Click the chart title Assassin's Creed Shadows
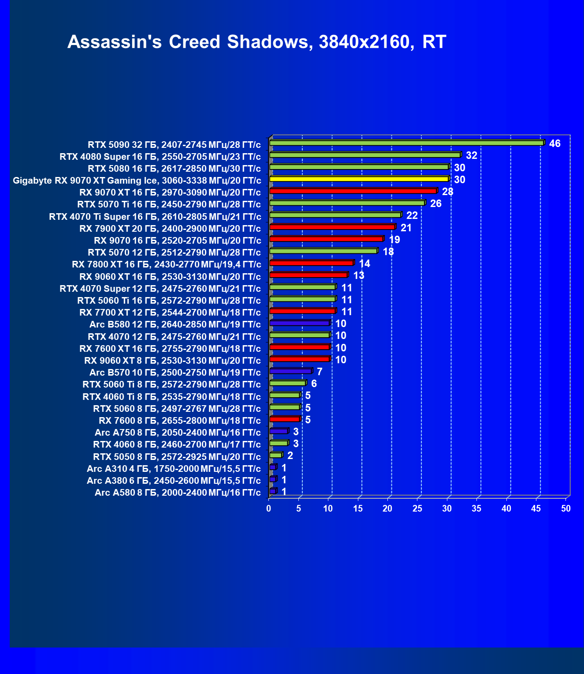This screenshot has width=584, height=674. tap(257, 42)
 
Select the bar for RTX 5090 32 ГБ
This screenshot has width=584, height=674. tap(406, 143)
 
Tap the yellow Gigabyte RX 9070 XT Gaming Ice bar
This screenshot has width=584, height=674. tap(359, 179)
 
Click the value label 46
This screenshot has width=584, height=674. tap(554, 143)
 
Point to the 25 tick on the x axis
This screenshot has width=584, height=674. tap(417, 508)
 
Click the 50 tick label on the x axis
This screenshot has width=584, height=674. tap(566, 508)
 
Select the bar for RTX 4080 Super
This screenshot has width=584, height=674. tap(365, 155)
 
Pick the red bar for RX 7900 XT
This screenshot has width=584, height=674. tap(332, 227)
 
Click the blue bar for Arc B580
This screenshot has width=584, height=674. tap(299, 323)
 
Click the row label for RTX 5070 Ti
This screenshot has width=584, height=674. tap(169, 204)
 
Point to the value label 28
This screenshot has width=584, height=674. tap(447, 192)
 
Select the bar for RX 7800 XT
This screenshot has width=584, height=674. tap(311, 263)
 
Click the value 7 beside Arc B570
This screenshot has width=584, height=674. tap(320, 372)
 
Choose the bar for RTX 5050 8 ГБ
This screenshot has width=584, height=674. tap(275, 455)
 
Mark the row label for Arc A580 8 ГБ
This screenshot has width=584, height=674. tap(178, 493)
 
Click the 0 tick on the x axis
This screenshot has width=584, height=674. tap(269, 508)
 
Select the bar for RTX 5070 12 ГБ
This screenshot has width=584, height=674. tap(323, 251)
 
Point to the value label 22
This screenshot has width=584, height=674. tap(412, 215)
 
